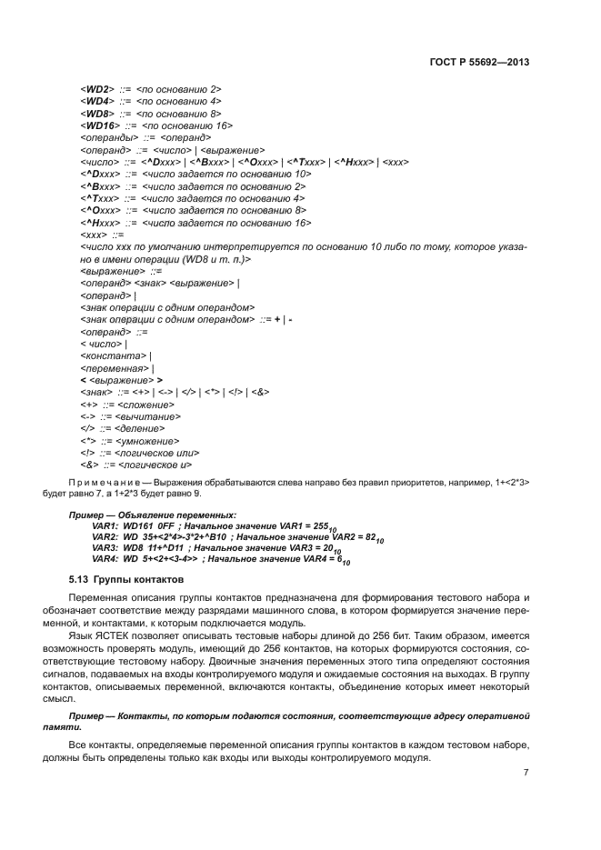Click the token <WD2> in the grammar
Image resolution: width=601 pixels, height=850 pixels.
pyautogui.click(x=95, y=89)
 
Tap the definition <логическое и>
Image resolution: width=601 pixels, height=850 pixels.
pyautogui.click(x=154, y=464)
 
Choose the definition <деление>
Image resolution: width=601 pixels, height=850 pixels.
pyautogui.click(x=136, y=427)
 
